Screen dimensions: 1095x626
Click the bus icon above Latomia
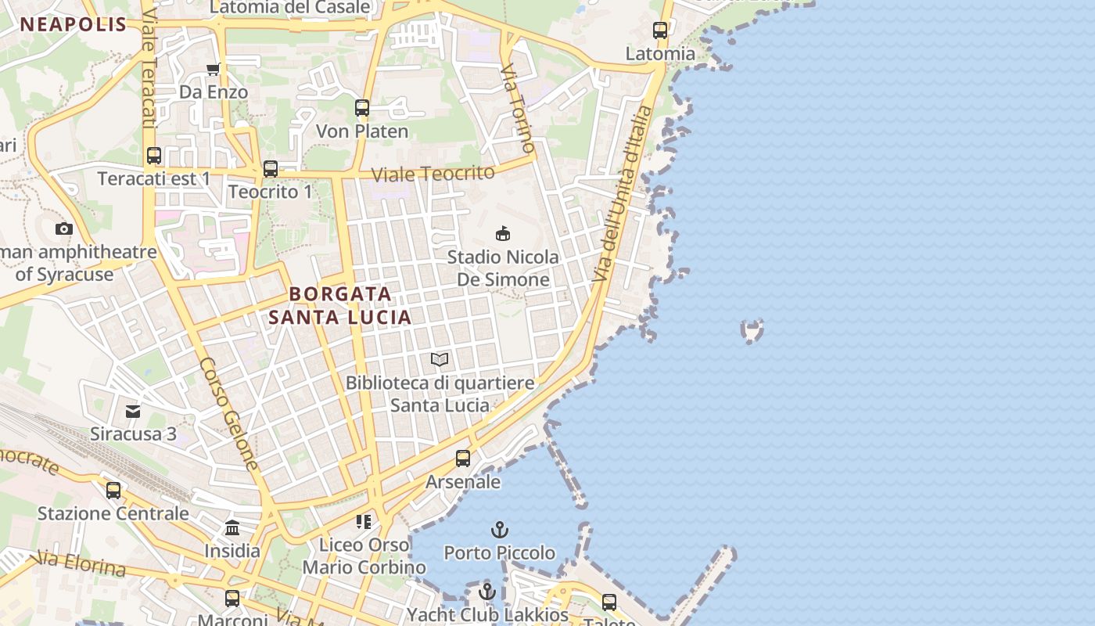[x=660, y=31]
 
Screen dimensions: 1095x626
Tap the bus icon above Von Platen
[x=362, y=108]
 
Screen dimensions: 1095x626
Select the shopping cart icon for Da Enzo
[x=213, y=70]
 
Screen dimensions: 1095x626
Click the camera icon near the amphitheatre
[x=64, y=228]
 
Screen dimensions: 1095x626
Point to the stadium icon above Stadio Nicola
[x=503, y=233]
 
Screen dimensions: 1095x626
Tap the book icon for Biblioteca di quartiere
[x=440, y=359]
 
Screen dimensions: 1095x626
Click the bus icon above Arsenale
[x=463, y=458]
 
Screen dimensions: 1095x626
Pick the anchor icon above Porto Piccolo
[x=499, y=530]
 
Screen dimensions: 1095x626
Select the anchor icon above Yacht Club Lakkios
[x=487, y=592]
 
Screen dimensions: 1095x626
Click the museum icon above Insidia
[x=232, y=527]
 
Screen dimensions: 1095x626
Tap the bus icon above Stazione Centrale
[x=113, y=491]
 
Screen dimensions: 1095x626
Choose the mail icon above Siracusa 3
[x=133, y=411]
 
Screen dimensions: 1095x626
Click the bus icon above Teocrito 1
[x=271, y=168]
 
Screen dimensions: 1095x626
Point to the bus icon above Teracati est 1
[x=154, y=155]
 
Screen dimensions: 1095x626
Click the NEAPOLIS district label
[x=74, y=24]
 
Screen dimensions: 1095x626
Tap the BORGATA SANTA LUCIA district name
[x=339, y=305]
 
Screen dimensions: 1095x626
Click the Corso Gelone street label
[x=228, y=413]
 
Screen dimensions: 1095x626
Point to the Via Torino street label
[x=518, y=108]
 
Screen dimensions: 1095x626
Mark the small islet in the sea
[x=752, y=330]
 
